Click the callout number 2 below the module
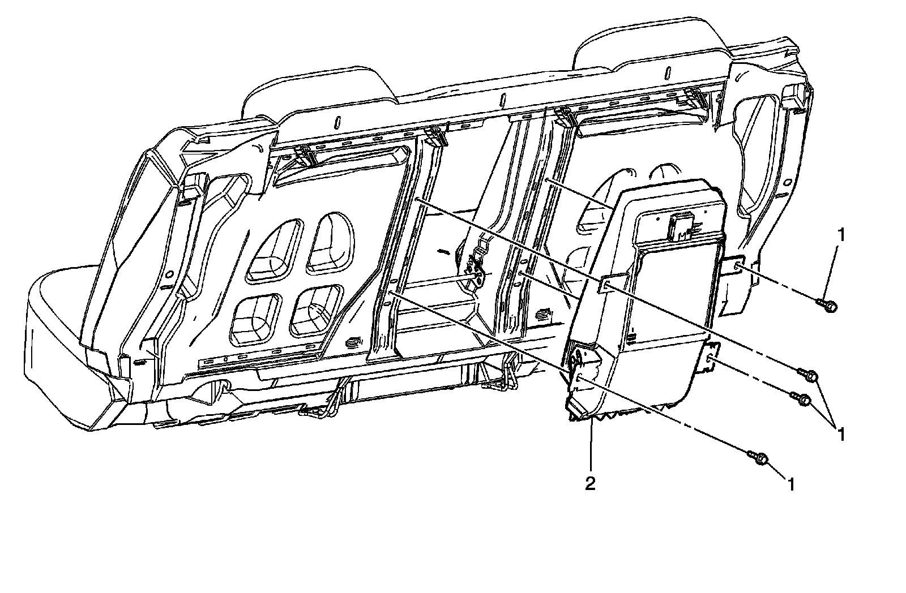click(x=590, y=484)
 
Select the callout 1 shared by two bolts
click(x=841, y=434)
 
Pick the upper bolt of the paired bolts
click(x=808, y=375)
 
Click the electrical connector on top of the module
click(x=679, y=226)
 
